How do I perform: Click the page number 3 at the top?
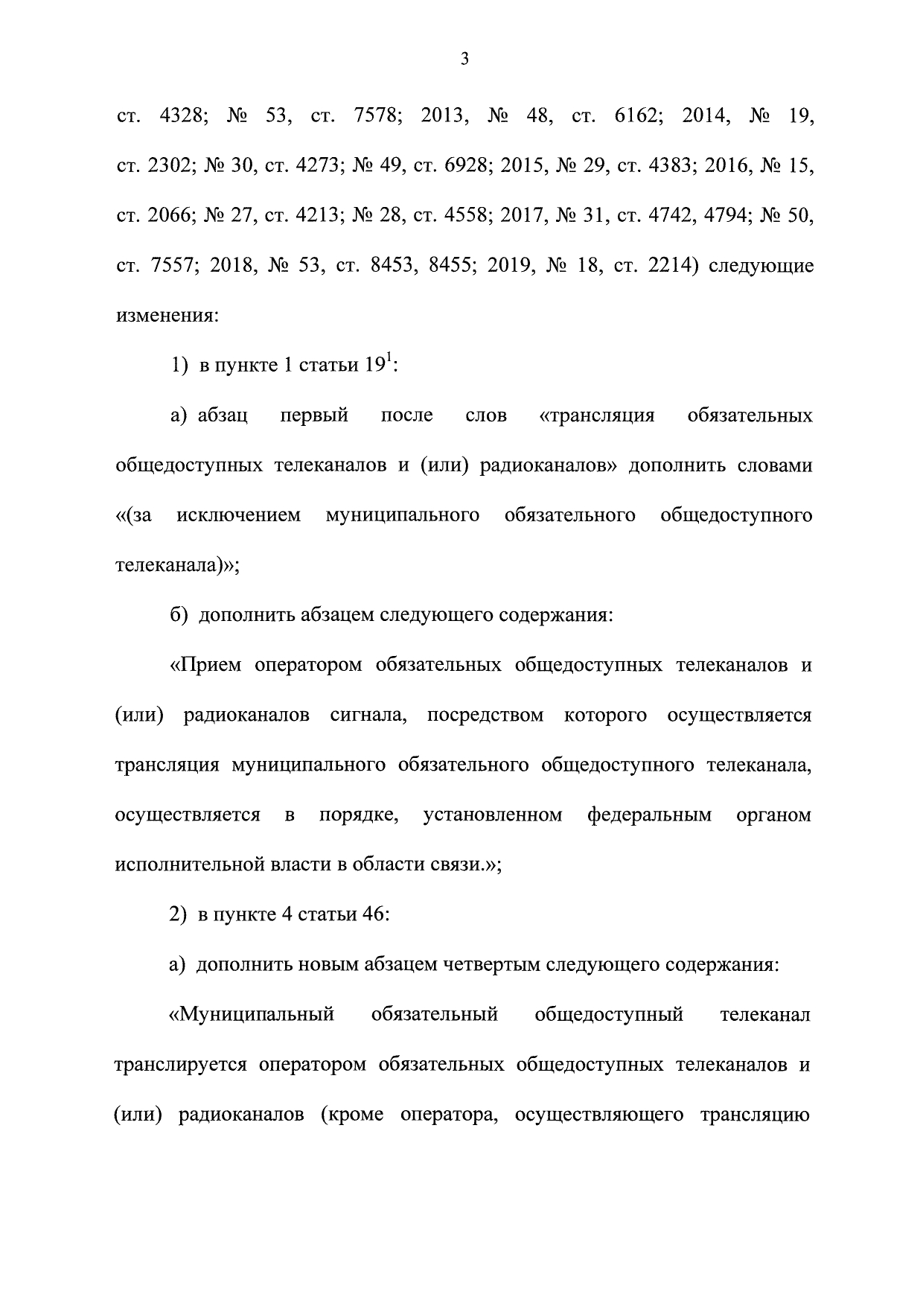pos(464,60)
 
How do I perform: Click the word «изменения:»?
pos(167,316)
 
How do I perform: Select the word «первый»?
pos(314,415)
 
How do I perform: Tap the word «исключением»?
pos(239,515)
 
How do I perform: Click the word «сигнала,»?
pos(368,716)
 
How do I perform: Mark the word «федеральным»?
pos(649,815)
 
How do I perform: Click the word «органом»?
pos(773,815)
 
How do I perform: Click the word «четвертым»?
pos(492,966)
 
